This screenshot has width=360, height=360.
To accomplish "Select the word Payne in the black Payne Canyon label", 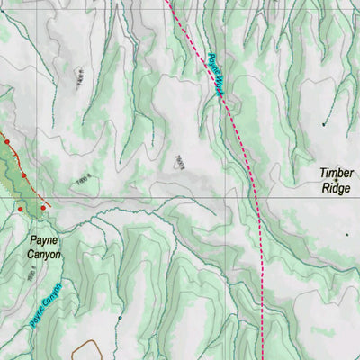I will point(43,240).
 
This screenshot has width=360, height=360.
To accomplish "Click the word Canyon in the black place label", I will point(43,255).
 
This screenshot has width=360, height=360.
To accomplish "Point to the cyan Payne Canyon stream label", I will point(42,305).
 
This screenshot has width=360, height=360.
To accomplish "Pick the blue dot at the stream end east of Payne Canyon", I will point(119,317).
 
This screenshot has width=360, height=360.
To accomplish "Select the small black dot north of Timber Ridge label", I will point(325,124).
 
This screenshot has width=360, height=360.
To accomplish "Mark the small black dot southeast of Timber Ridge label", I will point(346,235).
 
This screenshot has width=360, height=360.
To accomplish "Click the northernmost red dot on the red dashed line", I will point(7,141).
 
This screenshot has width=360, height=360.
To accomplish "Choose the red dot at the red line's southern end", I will point(43,208).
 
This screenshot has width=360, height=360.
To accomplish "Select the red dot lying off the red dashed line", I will point(20,209).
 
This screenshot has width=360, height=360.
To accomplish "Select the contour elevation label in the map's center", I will point(179,162).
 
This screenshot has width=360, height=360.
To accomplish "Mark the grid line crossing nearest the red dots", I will point(37,195).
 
